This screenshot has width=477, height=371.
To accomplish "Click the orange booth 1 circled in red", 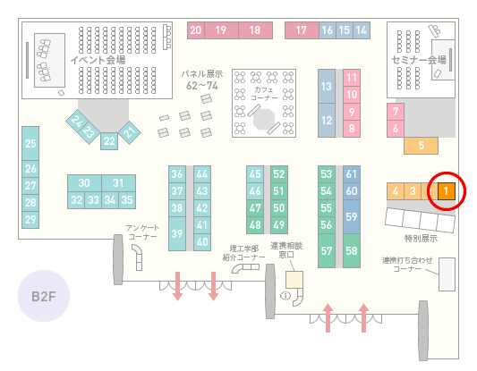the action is (447, 191).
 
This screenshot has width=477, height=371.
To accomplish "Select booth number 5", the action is (421, 146).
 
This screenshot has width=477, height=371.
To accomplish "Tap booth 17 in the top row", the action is (302, 30).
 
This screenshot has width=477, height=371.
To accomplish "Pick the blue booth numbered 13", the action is (327, 87).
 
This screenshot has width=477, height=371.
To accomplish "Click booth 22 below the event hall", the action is (109, 141).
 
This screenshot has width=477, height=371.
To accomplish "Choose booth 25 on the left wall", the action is (30, 143).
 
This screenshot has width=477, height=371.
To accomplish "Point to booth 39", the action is (177, 233).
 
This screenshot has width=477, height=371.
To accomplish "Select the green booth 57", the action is (327, 250).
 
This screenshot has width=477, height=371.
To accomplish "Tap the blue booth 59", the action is (352, 216).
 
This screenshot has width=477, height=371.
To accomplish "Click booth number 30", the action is (84, 183).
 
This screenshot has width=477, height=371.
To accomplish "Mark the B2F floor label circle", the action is (44, 296).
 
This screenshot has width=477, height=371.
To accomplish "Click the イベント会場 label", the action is (98, 60).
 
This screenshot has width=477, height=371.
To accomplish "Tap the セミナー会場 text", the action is (419, 60).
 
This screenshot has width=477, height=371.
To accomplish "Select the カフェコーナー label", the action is (264, 94).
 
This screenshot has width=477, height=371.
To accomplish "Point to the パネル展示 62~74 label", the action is (202, 80).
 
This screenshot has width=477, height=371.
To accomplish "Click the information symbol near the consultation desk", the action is (285, 295).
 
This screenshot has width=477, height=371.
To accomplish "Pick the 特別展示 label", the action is (421, 239).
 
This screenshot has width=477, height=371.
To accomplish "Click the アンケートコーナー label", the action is (142, 232).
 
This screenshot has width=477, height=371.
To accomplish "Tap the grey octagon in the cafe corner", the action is (264, 119).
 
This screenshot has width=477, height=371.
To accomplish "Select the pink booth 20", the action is (196, 30).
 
